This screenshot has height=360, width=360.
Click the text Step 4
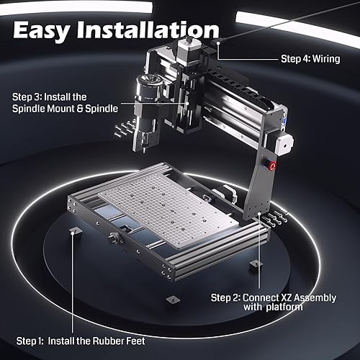(x=289, y=60)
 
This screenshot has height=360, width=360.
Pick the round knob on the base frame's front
(x=114, y=239)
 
